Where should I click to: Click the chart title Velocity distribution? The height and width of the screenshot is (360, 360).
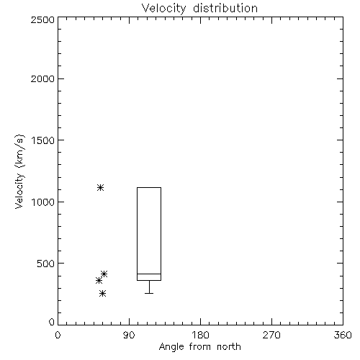coord(199,8)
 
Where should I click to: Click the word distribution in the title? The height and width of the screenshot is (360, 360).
coord(225,8)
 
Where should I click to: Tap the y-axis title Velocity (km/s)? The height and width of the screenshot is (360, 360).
coord(19,171)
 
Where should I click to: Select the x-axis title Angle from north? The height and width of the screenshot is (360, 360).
coord(199,347)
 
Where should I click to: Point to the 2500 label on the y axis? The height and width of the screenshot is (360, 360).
coord(42,19)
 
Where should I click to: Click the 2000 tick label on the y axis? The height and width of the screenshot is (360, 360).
coord(42,78)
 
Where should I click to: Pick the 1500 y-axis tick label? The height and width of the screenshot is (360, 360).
coord(43,140)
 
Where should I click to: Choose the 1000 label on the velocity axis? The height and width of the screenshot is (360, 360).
coord(43,202)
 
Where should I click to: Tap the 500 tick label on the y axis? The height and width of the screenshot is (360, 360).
coord(46,264)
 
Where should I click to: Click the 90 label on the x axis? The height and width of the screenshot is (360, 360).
coord(129,335)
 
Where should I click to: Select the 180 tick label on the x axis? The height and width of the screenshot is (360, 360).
coord(200,335)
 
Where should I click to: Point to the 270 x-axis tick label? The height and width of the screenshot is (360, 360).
coord(271,335)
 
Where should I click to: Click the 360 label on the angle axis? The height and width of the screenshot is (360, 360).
coord(343,335)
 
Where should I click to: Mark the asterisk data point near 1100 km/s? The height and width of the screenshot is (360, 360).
coord(100,187)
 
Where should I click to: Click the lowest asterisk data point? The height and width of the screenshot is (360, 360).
coord(102,293)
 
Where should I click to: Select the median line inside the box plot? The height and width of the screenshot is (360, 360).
coord(149,274)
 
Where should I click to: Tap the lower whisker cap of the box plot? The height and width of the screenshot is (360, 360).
coord(149,293)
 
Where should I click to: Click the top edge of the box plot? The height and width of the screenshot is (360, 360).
coord(149,187)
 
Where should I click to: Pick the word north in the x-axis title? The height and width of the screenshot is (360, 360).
coord(229,347)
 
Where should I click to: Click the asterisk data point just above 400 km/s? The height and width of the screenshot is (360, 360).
coord(104,274)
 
